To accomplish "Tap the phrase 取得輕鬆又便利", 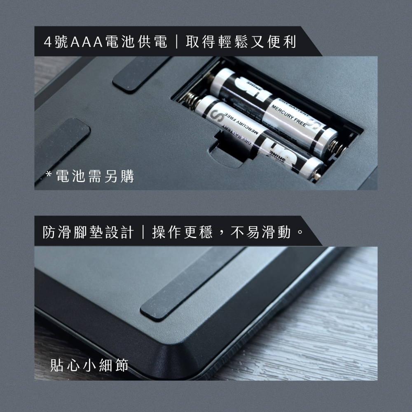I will point(241,42).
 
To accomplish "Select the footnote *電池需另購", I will point(90,176).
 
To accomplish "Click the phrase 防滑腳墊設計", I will point(88,232).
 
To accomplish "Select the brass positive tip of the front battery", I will point(316,176).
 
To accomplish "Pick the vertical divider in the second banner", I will point(143,232).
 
